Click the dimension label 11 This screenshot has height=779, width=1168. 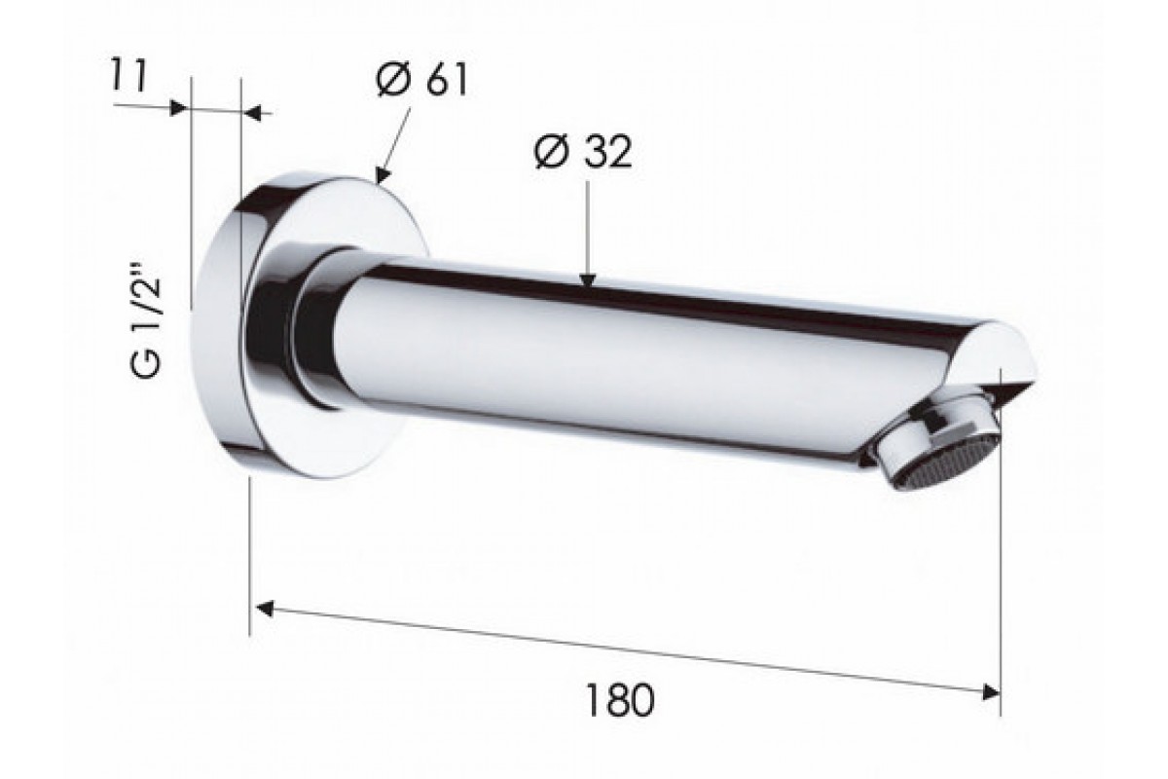pos(128,77)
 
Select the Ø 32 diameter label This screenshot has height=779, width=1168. pos(583,152)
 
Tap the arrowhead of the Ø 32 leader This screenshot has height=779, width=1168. pos(587,280)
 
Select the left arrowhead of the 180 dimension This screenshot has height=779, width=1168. pos(265,609)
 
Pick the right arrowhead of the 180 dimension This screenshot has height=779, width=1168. pos(991,692)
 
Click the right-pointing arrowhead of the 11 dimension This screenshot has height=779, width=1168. pos(179,108)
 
